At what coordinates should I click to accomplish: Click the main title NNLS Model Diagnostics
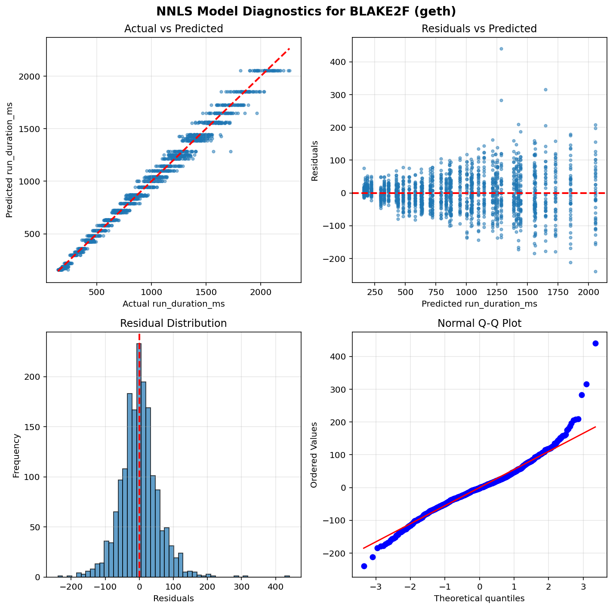306,11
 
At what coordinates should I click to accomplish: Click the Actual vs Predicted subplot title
173,29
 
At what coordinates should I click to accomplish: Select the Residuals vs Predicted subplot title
479,29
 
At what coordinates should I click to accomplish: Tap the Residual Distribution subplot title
173,323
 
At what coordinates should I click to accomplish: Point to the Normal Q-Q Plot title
479,323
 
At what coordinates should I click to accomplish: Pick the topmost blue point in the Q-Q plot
595,343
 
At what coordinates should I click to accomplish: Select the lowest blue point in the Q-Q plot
364,566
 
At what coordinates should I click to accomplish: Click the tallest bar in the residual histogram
139,460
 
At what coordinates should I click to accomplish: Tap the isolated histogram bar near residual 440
287,576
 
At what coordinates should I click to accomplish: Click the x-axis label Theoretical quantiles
479,598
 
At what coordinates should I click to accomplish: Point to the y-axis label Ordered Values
314,455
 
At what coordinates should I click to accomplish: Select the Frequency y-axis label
16,455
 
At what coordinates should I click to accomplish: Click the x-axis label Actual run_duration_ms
173,304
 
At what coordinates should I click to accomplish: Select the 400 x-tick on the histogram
275,587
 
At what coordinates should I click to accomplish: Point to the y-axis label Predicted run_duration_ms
9,160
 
